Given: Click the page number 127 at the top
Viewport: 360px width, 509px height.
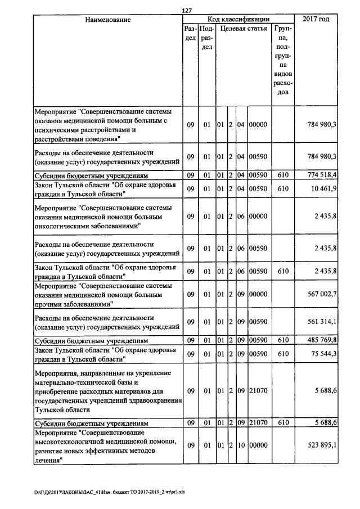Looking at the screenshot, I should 188,10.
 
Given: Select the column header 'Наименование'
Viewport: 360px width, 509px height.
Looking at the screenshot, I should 107,20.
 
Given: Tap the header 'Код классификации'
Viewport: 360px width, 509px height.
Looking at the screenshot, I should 238,20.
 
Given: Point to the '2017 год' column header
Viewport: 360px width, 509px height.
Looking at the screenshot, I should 316,20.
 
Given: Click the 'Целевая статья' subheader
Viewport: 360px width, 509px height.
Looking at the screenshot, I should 243,28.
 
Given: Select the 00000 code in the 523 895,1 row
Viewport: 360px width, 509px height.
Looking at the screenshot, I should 259,445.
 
